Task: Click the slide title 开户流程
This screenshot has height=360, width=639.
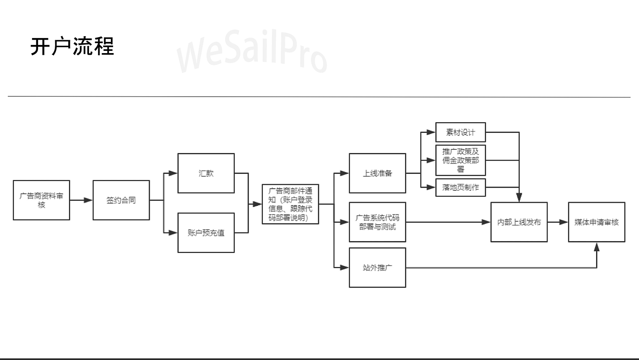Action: click(x=72, y=46)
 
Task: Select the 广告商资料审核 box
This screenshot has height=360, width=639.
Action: click(x=41, y=200)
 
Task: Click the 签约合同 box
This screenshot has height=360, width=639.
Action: click(x=121, y=200)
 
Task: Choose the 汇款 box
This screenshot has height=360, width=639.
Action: click(x=206, y=173)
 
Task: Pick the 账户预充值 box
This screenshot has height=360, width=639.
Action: click(x=206, y=233)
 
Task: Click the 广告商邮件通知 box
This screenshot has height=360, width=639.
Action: click(x=290, y=204)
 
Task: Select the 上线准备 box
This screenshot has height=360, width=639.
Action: click(x=377, y=173)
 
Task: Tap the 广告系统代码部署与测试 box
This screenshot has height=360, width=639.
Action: click(x=377, y=222)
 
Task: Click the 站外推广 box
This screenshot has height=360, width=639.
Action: click(x=377, y=268)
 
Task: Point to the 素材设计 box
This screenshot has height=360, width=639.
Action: click(x=460, y=133)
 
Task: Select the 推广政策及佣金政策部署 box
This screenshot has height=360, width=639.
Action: click(x=460, y=160)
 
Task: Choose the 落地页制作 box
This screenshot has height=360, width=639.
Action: click(x=460, y=187)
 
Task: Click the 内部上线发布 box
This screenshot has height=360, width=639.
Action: click(x=519, y=222)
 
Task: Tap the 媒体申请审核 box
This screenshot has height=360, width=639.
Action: click(x=596, y=222)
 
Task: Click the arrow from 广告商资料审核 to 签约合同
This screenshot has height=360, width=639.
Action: click(x=81, y=200)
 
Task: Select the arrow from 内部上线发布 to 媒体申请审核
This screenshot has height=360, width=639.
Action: click(x=558, y=222)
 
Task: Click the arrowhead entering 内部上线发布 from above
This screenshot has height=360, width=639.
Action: click(x=519, y=198)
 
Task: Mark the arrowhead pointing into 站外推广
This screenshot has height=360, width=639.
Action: click(x=345, y=268)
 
